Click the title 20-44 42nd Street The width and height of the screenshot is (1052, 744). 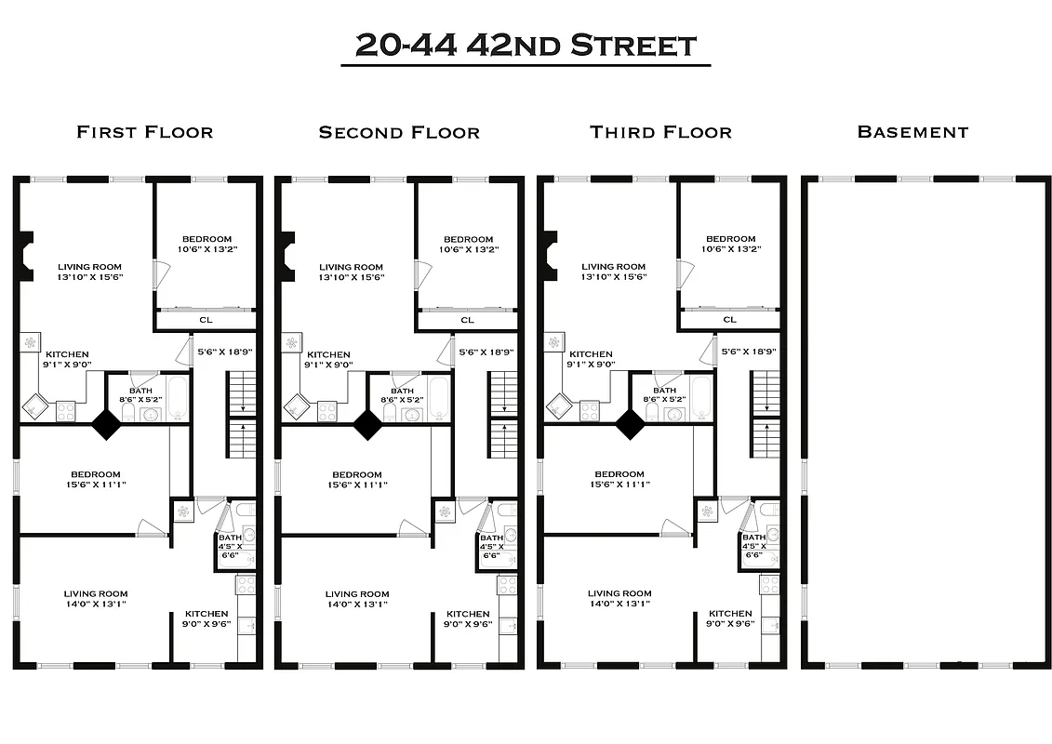(x=526, y=45)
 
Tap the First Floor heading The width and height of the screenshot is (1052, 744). (x=144, y=132)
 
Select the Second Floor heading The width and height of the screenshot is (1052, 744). (x=399, y=132)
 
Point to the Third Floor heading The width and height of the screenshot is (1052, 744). (x=660, y=132)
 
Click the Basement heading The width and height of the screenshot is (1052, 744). (x=912, y=132)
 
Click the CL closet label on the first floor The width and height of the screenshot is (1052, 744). (x=206, y=320)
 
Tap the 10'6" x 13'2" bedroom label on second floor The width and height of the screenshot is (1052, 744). (x=468, y=244)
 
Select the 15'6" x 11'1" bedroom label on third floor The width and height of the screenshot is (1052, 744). (x=619, y=479)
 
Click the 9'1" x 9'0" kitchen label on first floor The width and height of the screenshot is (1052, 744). (x=67, y=359)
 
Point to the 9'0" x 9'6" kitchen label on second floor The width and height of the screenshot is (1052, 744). (x=468, y=619)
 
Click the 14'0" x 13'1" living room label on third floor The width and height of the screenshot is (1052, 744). (x=619, y=598)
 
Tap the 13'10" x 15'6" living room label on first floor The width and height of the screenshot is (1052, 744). (x=90, y=272)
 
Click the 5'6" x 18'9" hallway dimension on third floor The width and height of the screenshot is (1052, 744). (x=749, y=352)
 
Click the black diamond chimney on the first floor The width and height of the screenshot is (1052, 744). (x=105, y=425)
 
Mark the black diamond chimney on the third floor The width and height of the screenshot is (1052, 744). (x=630, y=425)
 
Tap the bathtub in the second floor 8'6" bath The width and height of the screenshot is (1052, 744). (x=440, y=396)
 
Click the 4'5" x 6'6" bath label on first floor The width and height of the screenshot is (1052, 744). (x=231, y=546)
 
